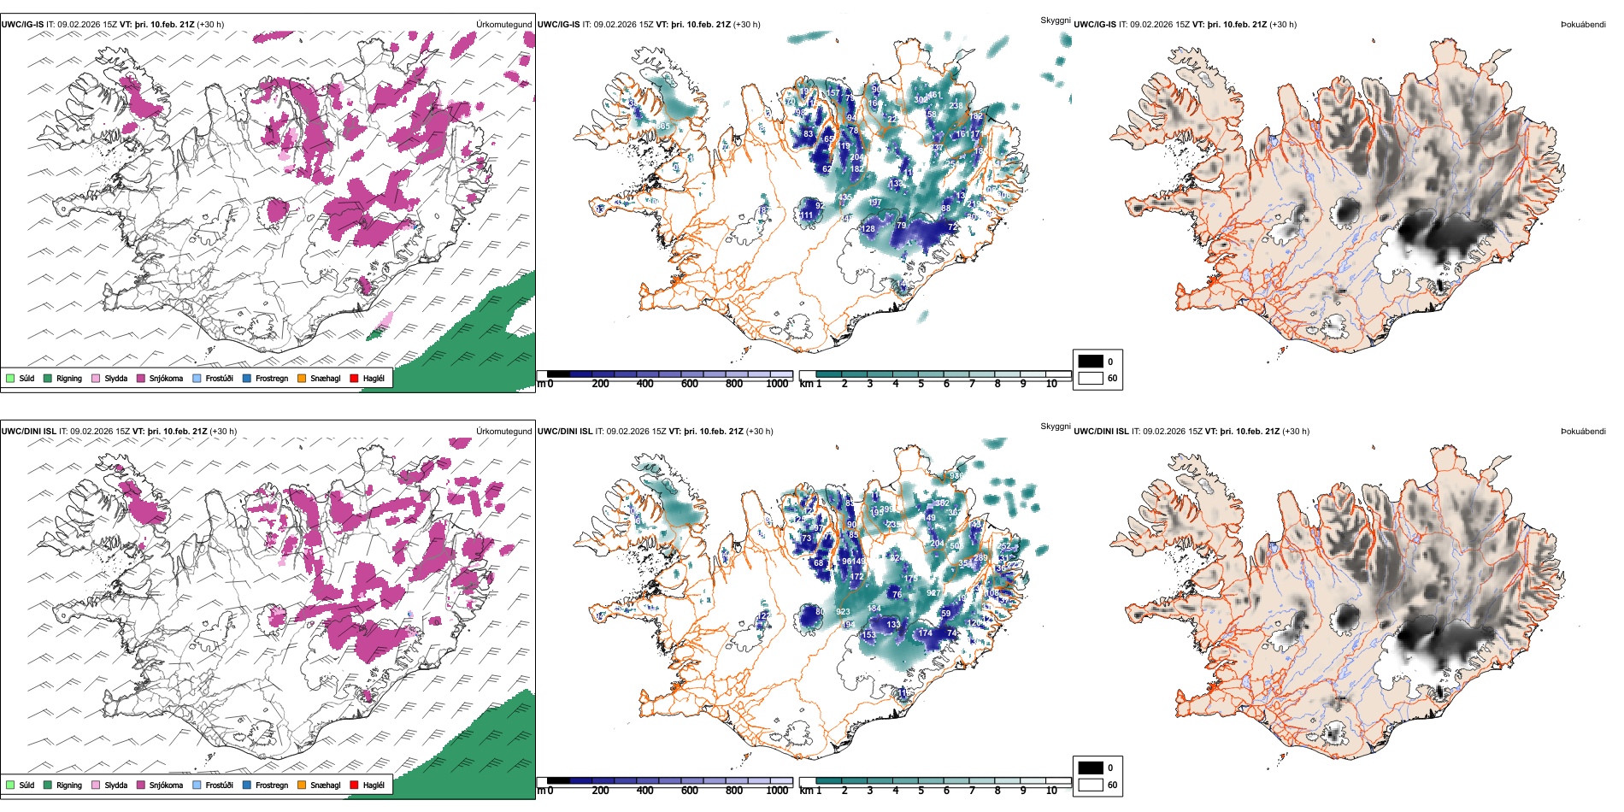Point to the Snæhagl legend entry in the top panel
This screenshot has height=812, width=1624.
coord(325,378)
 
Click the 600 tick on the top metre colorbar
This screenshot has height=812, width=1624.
coord(690,384)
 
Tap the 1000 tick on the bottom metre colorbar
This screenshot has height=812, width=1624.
coord(777,791)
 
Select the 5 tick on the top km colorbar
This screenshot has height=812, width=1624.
coord(921,384)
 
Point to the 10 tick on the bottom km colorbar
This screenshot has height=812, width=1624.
coord(1051,791)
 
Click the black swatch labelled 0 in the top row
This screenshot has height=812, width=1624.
coord(1091,362)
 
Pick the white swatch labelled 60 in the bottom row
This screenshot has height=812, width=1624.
coord(1091,785)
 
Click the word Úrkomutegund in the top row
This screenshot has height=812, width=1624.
coord(504,25)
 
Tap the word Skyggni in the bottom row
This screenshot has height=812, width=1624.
coord(1055,427)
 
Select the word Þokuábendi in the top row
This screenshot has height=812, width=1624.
coord(1583,25)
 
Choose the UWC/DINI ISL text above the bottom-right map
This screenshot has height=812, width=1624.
coord(1101,432)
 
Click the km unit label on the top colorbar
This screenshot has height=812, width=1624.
coord(805,384)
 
